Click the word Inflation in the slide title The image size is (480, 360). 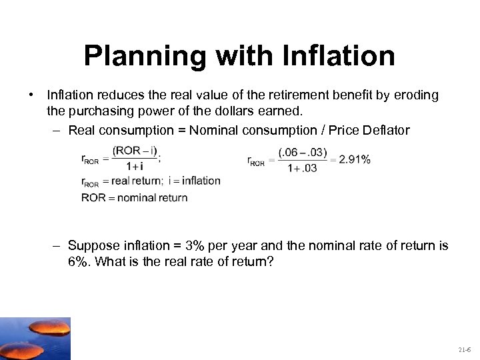(x=339, y=56)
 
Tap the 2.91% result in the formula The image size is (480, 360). (x=355, y=159)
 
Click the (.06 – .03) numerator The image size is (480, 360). (x=303, y=152)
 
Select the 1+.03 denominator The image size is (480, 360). (x=303, y=168)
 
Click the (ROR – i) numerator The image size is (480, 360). (x=135, y=151)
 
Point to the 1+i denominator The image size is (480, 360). (x=135, y=167)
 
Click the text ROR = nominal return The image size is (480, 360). (x=134, y=197)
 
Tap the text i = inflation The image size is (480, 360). (x=194, y=181)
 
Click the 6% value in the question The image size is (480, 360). (x=78, y=261)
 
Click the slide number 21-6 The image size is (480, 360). (x=464, y=349)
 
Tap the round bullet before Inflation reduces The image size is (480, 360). (x=32, y=95)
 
